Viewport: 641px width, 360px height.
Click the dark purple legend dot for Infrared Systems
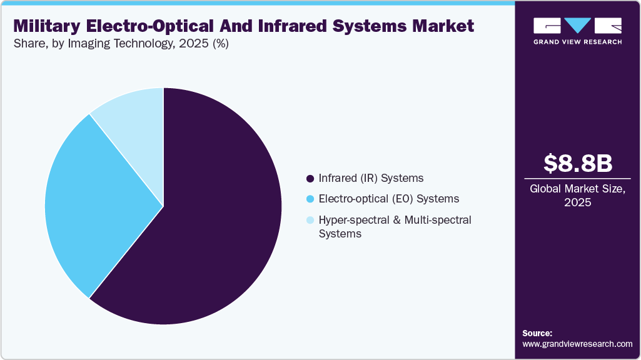point(310,179)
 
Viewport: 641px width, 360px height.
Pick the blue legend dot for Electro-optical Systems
point(310,199)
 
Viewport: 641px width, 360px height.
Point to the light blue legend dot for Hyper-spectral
point(310,220)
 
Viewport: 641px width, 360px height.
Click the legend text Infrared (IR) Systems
point(371,179)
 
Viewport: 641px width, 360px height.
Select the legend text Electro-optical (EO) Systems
point(388,199)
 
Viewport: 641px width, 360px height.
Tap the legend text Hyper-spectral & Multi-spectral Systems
point(395,227)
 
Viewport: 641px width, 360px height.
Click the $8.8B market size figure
point(577,163)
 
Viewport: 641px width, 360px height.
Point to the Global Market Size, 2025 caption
point(577,196)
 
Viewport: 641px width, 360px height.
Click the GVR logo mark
point(577,26)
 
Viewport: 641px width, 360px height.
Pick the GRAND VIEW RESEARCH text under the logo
point(577,42)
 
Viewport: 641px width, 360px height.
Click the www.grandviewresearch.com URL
point(577,344)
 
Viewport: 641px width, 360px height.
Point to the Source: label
point(537,333)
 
